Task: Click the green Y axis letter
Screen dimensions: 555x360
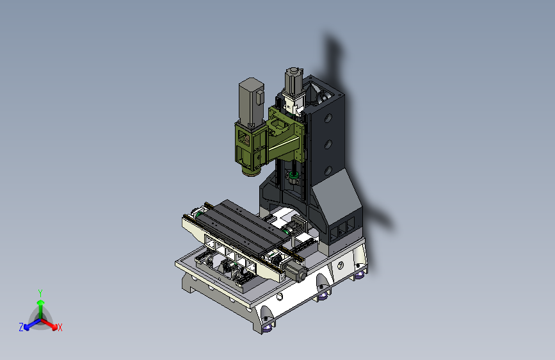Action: [x=40, y=293]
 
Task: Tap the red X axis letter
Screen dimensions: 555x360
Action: [x=60, y=327]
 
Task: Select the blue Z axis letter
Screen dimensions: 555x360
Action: [x=21, y=327]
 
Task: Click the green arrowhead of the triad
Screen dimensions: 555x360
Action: [x=41, y=302]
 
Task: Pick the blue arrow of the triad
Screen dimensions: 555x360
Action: [x=33, y=324]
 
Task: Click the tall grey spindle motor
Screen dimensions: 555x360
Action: [x=252, y=102]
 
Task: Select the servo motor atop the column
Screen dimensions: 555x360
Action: [x=294, y=81]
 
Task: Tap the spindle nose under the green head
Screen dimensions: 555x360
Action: [x=251, y=172]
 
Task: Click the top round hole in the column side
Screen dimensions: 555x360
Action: [x=328, y=118]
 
